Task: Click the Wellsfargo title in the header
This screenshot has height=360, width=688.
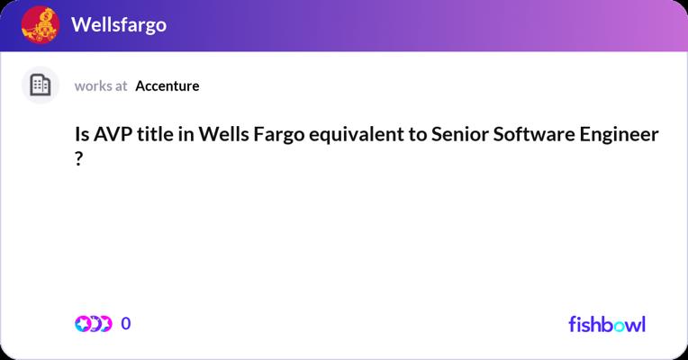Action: [119, 25]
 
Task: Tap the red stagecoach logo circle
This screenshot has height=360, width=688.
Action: [41, 24]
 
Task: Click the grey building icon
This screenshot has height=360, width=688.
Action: [41, 85]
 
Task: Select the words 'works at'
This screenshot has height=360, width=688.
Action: [101, 85]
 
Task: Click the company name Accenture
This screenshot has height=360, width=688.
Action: [167, 85]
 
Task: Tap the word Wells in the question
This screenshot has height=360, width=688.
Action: [223, 134]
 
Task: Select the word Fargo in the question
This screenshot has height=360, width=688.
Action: [279, 135]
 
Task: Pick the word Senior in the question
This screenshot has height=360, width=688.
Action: [460, 134]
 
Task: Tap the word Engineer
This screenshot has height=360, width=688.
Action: [620, 135]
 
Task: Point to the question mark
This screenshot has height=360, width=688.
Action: [78, 158]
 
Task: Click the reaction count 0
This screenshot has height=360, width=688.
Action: [126, 324]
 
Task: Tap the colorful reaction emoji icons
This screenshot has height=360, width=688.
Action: [94, 324]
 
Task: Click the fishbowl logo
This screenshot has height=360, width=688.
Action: [607, 324]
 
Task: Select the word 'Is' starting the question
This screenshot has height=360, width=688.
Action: [82, 134]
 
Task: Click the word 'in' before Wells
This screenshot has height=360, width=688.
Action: [186, 134]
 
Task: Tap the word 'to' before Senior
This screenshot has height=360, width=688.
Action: [418, 135]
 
